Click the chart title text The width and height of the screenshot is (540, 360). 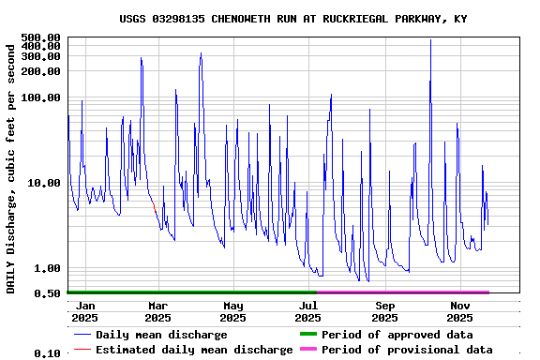pos(293,19)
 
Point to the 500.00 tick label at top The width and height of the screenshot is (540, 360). pos(40,37)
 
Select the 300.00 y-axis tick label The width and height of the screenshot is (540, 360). pos(40,56)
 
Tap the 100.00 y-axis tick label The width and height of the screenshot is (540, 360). pos(40,97)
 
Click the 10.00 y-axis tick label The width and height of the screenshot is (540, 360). pos(43,183)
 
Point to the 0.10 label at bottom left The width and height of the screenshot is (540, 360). pos(47,353)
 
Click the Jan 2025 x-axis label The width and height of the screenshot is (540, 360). pos(84,311)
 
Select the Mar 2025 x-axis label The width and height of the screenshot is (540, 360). pos(157,311)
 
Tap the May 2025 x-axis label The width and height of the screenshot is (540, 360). pos(233,311)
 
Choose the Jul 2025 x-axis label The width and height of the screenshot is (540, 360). pos(308,311)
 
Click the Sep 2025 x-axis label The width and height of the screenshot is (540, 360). pos(384,311)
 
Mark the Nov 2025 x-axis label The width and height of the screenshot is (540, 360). pos(460,311)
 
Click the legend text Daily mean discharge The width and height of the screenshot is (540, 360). pos(161,335)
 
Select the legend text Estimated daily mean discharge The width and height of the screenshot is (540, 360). pos(195,350)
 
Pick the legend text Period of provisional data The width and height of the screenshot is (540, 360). pos(407,350)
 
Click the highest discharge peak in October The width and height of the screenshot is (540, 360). pos(430,40)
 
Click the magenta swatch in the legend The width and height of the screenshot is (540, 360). pos(307,350)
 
